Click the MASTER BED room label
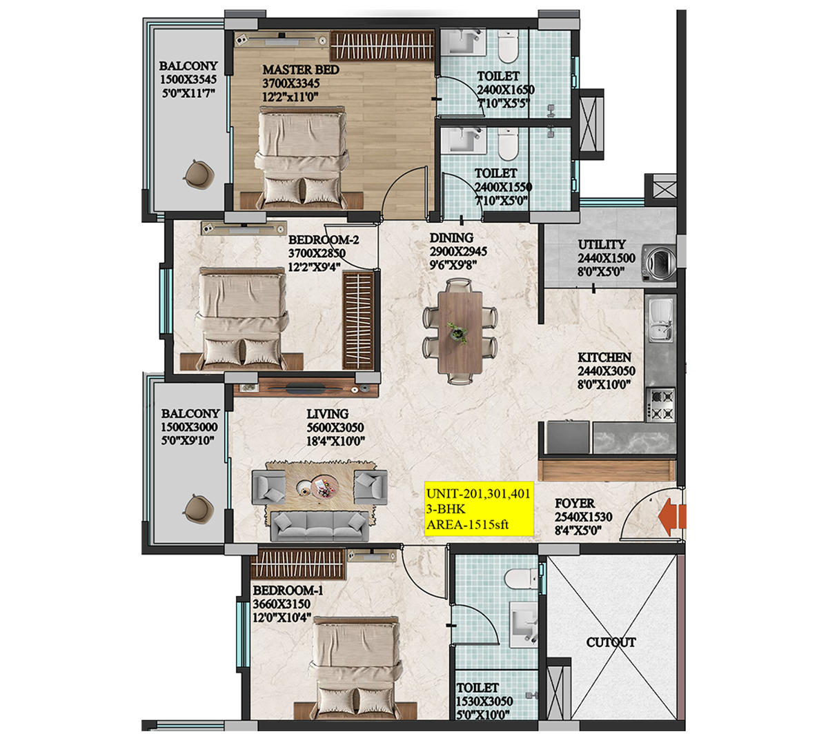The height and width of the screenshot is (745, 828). (300, 70)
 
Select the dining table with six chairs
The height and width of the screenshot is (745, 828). (460, 331)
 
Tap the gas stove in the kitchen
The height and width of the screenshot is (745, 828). (661, 404)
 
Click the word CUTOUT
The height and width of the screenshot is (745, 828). (611, 642)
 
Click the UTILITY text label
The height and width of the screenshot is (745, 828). (602, 244)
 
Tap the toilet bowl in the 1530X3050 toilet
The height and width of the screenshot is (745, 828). (520, 578)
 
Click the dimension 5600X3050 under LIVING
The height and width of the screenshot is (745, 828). (335, 428)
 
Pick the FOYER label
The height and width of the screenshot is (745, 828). (574, 504)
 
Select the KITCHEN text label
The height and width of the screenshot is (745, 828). (604, 357)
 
